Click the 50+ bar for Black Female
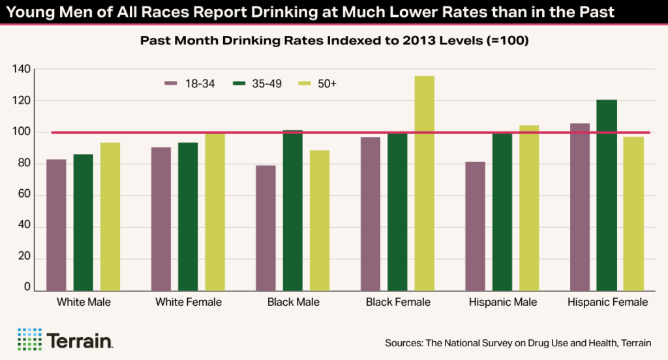[424, 183]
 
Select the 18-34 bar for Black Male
[266, 228]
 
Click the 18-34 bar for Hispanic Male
[476, 226]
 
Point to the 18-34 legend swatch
[172, 83]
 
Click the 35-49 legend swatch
[240, 83]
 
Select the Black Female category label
[398, 303]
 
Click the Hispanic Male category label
[503, 303]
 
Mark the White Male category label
[83, 303]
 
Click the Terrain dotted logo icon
[29, 339]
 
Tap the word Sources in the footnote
[404, 342]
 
